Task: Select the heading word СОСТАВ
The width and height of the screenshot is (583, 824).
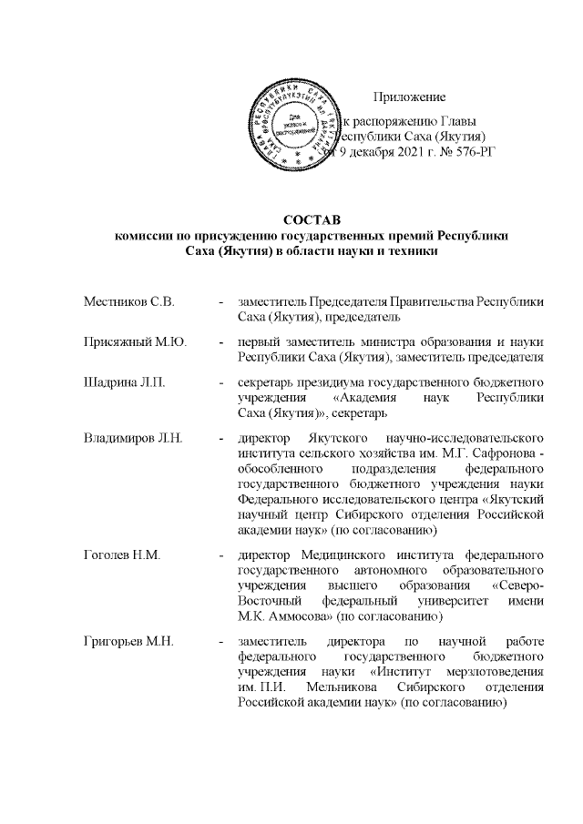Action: (x=309, y=220)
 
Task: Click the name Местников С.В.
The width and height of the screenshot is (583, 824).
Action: (x=128, y=300)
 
